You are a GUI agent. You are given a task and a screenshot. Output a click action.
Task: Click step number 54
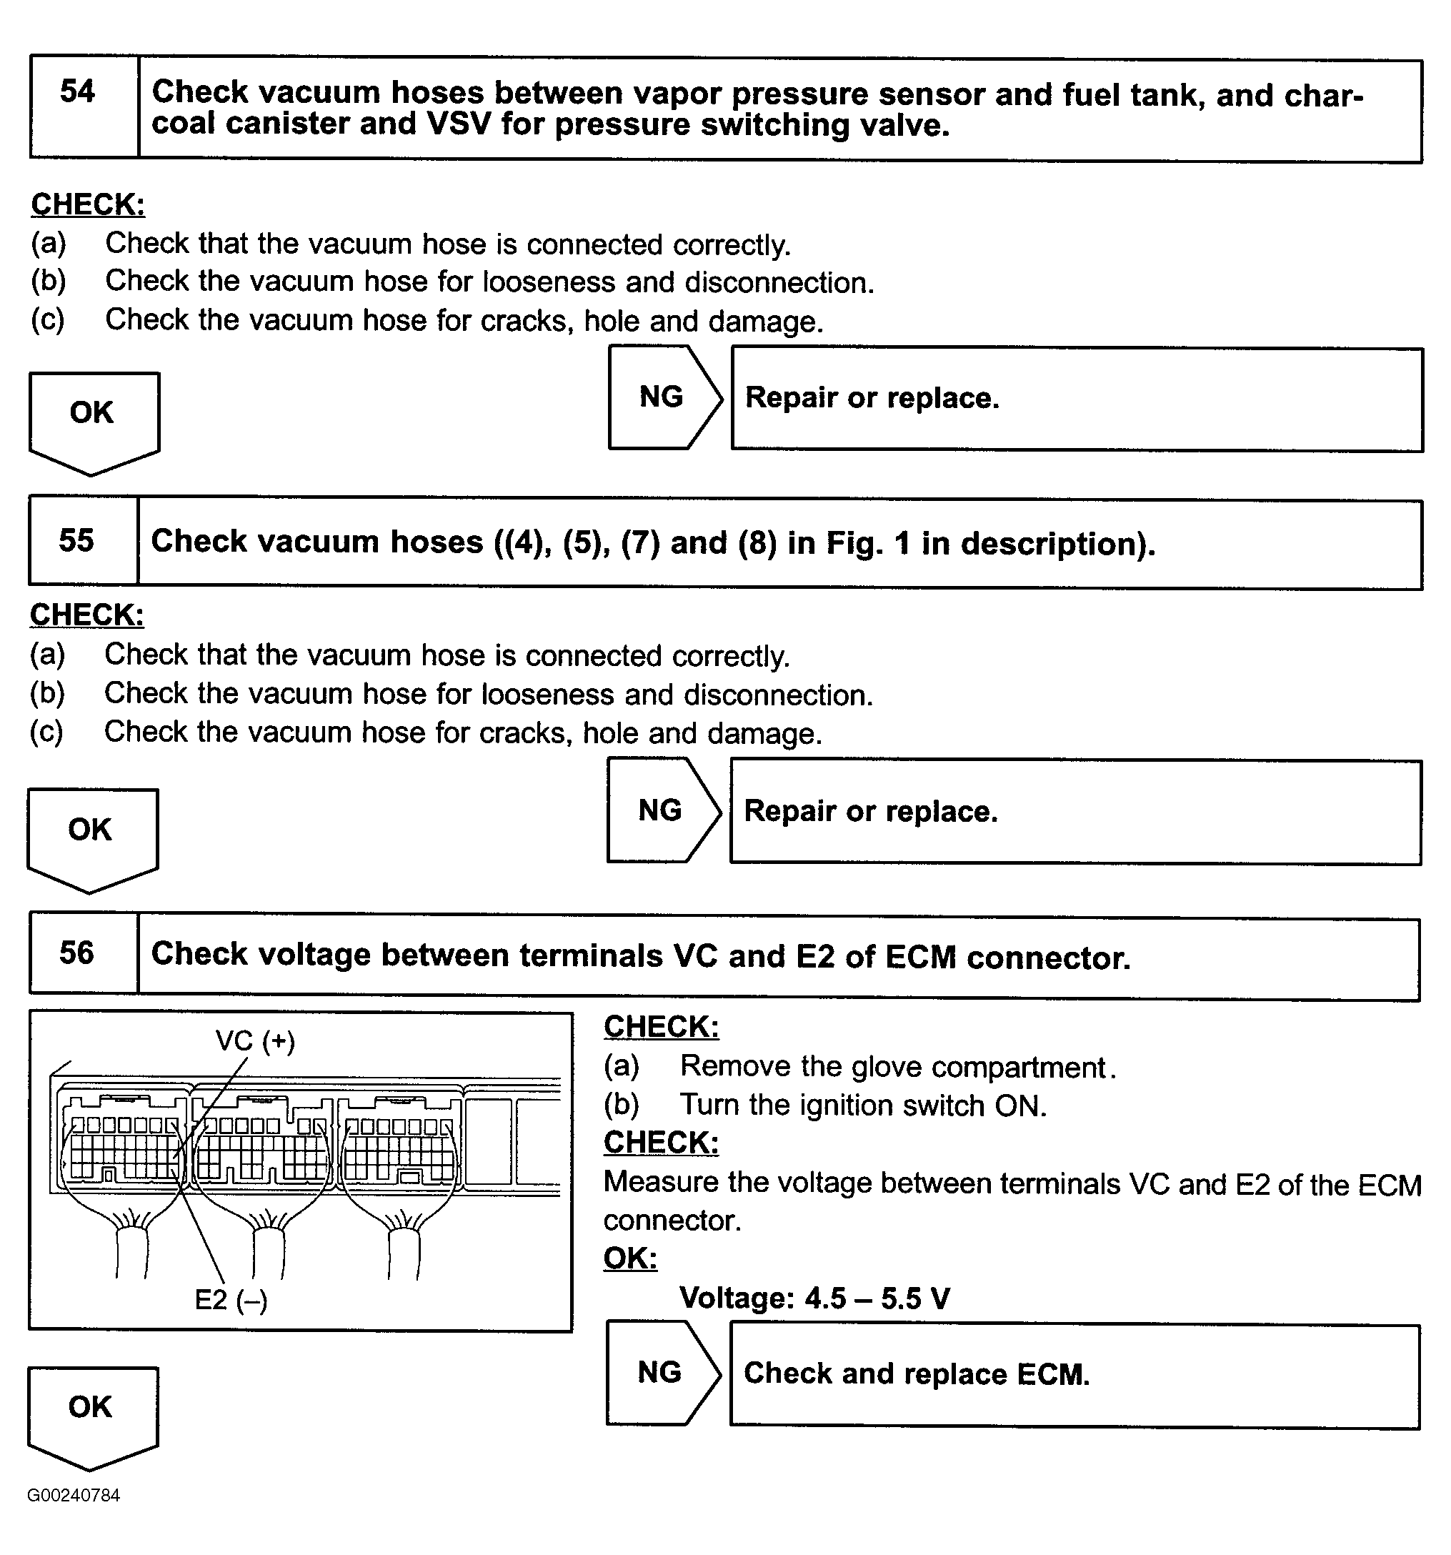click(x=77, y=92)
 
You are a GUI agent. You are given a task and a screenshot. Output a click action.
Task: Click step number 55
click(x=76, y=540)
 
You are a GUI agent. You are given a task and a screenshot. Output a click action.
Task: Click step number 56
click(x=76, y=953)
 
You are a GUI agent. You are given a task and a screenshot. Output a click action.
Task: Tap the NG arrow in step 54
click(x=662, y=397)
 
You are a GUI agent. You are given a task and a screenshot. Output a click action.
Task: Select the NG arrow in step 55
click(x=661, y=810)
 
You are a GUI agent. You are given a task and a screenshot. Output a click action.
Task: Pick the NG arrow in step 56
click(x=660, y=1372)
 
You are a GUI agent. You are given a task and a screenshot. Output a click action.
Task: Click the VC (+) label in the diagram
click(x=256, y=1041)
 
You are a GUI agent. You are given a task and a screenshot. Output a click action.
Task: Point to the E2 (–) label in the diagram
click(x=231, y=1300)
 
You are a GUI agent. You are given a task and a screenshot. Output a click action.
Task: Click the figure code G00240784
click(x=74, y=1496)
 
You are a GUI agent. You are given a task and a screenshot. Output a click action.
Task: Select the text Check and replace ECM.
click(x=917, y=1374)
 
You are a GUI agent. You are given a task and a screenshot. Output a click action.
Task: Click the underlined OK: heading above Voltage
click(x=630, y=1258)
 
